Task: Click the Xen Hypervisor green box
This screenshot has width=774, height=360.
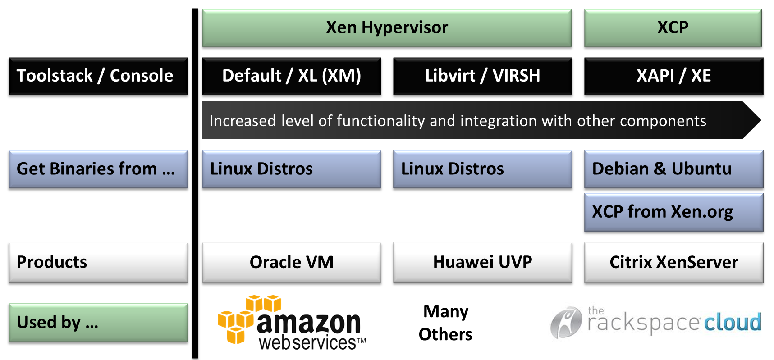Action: pos(387,28)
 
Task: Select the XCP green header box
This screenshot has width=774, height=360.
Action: pos(673,28)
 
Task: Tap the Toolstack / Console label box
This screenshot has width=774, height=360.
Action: pos(98,76)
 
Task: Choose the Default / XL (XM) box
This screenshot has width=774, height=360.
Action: pos(292,76)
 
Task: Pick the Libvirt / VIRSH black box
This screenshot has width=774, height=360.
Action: pos(482,76)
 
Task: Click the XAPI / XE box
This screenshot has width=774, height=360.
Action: pos(673,76)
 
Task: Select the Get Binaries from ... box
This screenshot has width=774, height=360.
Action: pos(98,169)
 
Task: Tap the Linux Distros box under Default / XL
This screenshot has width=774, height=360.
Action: pos(292,169)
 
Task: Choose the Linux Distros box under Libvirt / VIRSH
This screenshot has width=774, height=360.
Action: pos(482,169)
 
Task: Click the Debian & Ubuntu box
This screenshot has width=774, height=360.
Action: pos(673,169)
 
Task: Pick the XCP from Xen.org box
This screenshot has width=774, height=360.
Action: pos(673,212)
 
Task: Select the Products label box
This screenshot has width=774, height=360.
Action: pos(98,262)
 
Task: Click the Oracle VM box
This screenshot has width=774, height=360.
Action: pos(292,262)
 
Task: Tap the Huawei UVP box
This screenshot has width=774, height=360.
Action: pos(482,262)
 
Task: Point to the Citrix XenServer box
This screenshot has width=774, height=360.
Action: pos(673,262)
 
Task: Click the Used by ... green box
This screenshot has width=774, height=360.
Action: pos(98,323)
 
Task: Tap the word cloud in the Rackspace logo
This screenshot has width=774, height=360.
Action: pos(733,323)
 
